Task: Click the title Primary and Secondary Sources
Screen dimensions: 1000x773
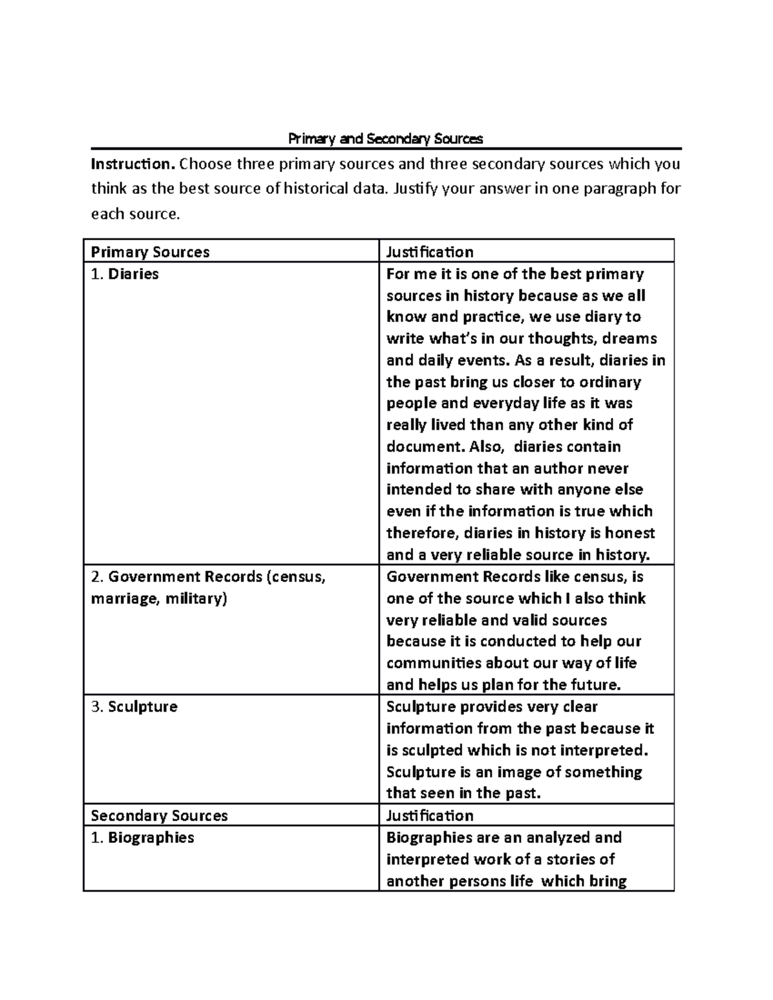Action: (x=385, y=138)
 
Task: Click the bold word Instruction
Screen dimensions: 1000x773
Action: (x=132, y=164)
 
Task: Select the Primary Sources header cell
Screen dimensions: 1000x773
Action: (x=150, y=252)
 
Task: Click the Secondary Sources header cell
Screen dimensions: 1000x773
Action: (x=159, y=815)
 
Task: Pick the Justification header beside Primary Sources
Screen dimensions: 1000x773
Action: (x=430, y=252)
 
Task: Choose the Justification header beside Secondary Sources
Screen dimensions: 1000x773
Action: (x=430, y=815)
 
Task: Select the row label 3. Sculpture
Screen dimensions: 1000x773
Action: (x=134, y=706)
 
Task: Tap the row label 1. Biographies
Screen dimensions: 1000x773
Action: (x=142, y=837)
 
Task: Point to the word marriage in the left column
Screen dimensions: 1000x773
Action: (x=124, y=599)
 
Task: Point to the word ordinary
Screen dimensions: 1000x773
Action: (x=609, y=382)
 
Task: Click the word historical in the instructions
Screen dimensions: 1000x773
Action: (x=300, y=189)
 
